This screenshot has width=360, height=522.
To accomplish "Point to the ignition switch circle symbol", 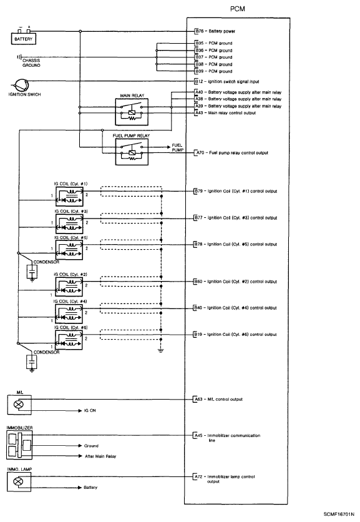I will (x=21, y=86).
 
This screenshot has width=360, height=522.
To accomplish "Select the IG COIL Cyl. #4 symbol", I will (x=71, y=309).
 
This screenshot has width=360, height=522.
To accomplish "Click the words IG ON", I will (x=91, y=411).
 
